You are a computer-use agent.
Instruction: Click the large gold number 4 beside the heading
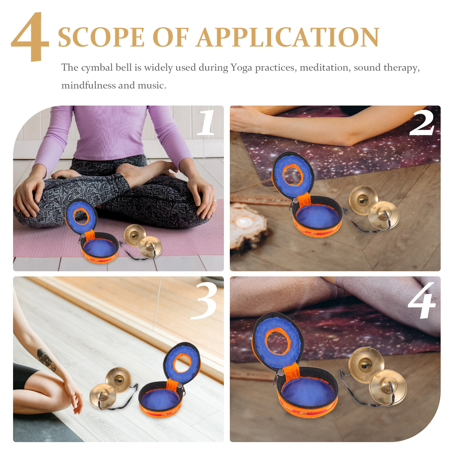tap(31, 37)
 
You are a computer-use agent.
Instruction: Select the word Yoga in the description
tap(241, 68)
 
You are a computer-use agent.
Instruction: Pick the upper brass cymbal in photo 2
tap(363, 199)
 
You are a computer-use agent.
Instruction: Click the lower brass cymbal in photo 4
tap(388, 386)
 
